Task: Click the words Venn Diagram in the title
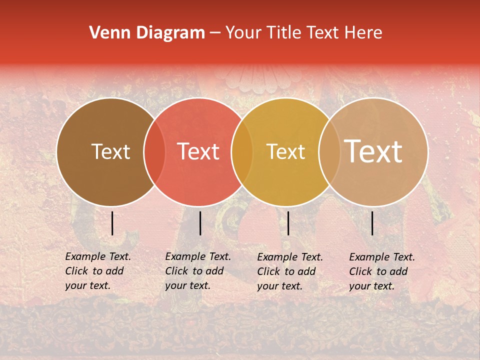pos(147,33)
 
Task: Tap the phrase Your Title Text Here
pos(303,33)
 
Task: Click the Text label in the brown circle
pos(110,151)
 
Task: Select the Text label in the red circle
pos(198,151)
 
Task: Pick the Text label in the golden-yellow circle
pos(285,151)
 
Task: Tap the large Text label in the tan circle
pos(373,151)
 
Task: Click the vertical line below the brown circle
pos(112,223)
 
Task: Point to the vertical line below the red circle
pos(200,223)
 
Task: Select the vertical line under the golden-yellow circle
pos(288,223)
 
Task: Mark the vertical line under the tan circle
pos(372,223)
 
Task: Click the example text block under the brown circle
pos(97,271)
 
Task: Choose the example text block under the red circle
pos(197,271)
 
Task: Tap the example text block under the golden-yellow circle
pos(289,271)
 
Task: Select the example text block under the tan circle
pos(381,271)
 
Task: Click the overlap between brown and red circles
pos(154,151)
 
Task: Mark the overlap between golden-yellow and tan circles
pos(329,151)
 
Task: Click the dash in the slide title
pos(215,33)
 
